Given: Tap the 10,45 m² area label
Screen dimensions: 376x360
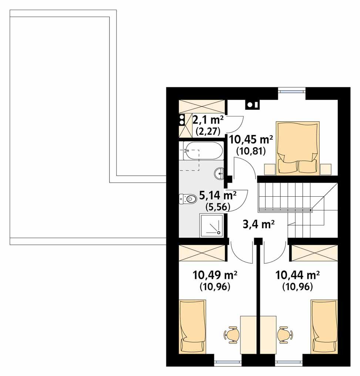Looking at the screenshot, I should click(251, 139).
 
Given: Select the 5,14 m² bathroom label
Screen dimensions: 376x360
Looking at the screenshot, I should click(218, 195).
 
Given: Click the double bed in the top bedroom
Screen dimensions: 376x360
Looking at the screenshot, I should click(298, 147).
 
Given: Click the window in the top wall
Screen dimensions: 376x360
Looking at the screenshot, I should click(292, 89).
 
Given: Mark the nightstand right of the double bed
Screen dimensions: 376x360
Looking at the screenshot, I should click(325, 169).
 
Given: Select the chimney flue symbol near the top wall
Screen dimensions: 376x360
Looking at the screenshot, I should click(252, 105).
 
